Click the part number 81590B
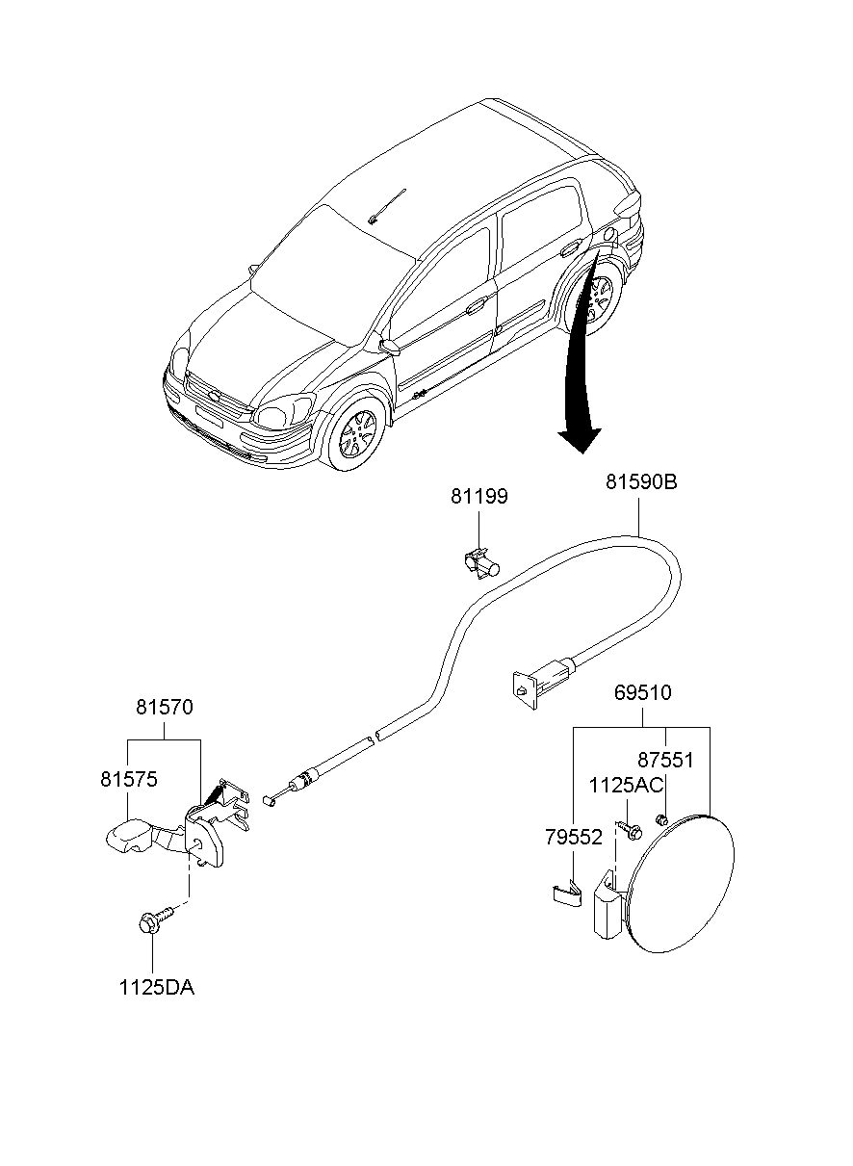point(641,481)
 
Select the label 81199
point(478,497)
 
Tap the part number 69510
point(642,692)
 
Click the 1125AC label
point(625,786)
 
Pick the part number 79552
point(574,838)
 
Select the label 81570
point(164,707)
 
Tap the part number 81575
point(128,778)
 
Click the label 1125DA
point(156,987)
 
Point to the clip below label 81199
point(478,563)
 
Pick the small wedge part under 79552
point(565,894)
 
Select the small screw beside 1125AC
point(633,828)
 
